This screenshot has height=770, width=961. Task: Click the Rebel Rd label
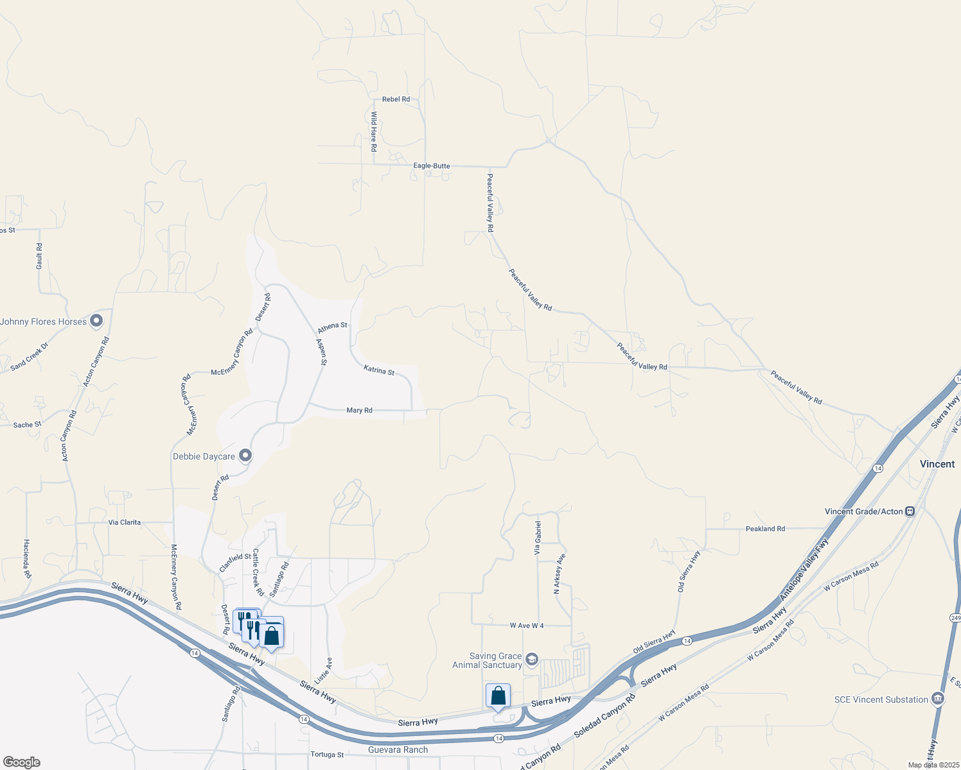tap(396, 99)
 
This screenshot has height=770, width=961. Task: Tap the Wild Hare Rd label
tap(374, 132)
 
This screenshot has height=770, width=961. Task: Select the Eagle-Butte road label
tap(432, 166)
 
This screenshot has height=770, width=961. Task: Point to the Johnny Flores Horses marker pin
tap(96, 320)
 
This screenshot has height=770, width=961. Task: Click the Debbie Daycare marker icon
tap(245, 456)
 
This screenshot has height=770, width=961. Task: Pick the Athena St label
tap(332, 327)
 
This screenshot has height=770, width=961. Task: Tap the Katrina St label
tap(379, 370)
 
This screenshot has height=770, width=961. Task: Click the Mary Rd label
tap(359, 411)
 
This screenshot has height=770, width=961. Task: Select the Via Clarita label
tap(125, 522)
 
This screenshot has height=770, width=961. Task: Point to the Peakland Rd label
tap(765, 529)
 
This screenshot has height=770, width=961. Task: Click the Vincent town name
tap(937, 464)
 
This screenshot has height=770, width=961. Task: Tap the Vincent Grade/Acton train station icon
tap(910, 511)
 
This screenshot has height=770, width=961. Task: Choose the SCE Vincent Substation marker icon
tap(938, 699)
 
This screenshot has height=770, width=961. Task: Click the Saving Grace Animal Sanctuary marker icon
tap(531, 659)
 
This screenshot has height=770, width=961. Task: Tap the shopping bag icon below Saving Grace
tap(498, 696)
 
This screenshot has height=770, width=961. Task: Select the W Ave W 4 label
tap(527, 626)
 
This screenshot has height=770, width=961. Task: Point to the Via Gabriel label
tap(538, 538)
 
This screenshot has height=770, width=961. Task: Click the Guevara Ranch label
tap(398, 750)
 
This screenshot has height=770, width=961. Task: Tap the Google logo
tap(21, 762)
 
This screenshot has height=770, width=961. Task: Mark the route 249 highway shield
tap(955, 617)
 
